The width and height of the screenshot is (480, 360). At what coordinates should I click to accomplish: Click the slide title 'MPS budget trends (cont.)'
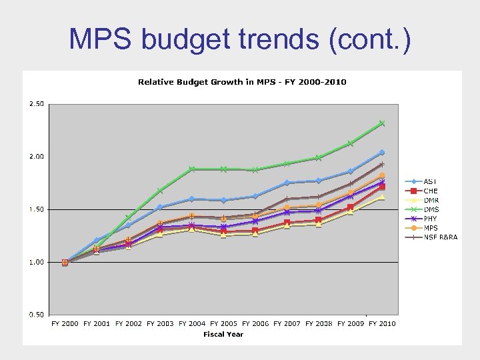pyautogui.click(x=239, y=39)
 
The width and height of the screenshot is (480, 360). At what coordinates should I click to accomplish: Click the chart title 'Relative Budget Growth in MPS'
pyautogui.click(x=242, y=82)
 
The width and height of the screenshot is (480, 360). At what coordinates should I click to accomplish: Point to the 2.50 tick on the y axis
pyautogui.click(x=36, y=104)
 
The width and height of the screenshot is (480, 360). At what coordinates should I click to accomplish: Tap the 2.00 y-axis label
pyautogui.click(x=36, y=157)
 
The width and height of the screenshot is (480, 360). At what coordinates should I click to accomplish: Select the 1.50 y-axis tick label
pyautogui.click(x=36, y=209)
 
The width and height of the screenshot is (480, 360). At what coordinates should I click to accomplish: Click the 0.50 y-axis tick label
pyautogui.click(x=36, y=315)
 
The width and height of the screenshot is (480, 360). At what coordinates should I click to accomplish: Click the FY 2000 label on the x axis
pyautogui.click(x=65, y=324)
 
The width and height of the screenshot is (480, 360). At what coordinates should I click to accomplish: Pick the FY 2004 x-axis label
pyautogui.click(x=192, y=324)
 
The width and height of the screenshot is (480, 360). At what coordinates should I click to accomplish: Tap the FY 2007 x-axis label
pyautogui.click(x=287, y=324)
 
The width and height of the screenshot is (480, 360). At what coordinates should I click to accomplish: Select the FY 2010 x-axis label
pyautogui.click(x=383, y=324)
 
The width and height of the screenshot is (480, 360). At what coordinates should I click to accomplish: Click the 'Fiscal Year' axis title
pyautogui.click(x=223, y=334)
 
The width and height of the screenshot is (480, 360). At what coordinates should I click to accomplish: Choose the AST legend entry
pyautogui.click(x=430, y=181)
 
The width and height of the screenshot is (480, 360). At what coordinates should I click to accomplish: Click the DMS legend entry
pyautogui.click(x=431, y=209)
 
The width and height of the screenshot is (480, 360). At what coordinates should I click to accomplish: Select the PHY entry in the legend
pyautogui.click(x=430, y=219)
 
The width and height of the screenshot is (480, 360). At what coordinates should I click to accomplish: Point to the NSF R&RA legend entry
pyautogui.click(x=440, y=237)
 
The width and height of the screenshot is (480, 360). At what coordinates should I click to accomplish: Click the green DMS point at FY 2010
pyautogui.click(x=382, y=123)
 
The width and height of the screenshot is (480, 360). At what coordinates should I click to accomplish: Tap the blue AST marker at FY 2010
pyautogui.click(x=382, y=153)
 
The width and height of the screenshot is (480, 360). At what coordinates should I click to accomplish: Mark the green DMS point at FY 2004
pyautogui.click(x=192, y=169)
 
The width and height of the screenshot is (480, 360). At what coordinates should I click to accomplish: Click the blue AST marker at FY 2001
pyautogui.click(x=97, y=240)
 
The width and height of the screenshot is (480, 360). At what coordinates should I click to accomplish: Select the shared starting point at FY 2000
pyautogui.click(x=65, y=262)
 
